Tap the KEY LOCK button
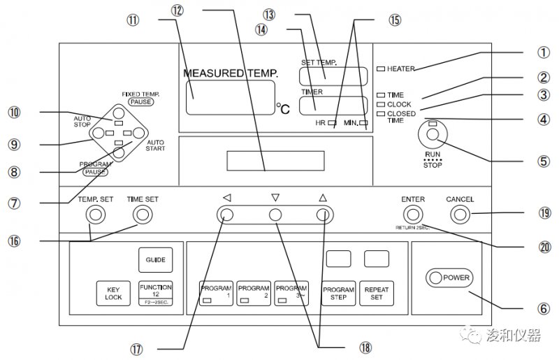pyautogui.click(x=114, y=292)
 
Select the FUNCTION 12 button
pyautogui.click(x=155, y=292)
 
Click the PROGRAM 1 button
pyautogui.click(x=216, y=292)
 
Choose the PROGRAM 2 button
pyautogui.click(x=253, y=292)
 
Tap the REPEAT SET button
pyautogui.click(x=376, y=292)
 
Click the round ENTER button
pyautogui.click(x=413, y=215)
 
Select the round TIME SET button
pyautogui.click(x=143, y=215)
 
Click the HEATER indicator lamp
pyautogui.click(x=380, y=69)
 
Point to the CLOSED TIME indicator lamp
pyautogui.click(x=380, y=113)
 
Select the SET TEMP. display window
pyautogui.click(x=333, y=75)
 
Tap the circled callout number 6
pyautogui.click(x=542, y=307)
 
